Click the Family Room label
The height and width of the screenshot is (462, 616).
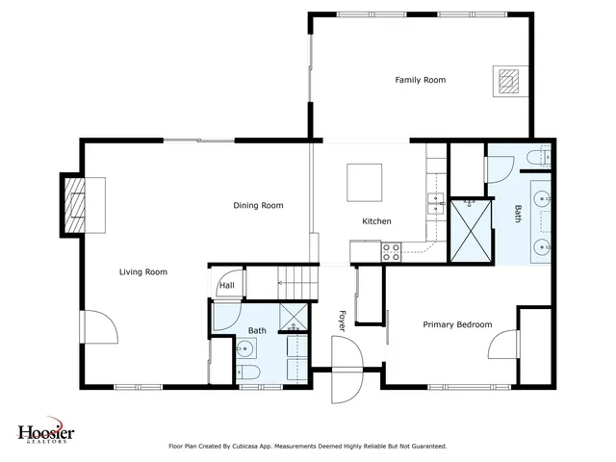421,80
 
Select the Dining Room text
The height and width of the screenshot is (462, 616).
258,205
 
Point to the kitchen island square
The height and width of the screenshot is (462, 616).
365,179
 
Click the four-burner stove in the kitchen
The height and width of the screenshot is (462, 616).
392,252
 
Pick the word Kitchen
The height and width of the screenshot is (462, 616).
376,221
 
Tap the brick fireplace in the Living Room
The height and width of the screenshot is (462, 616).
74,205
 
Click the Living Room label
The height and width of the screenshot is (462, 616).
143,272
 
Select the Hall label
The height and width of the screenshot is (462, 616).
227,285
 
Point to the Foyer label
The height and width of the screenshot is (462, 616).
341,320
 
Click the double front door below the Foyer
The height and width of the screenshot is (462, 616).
344,371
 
